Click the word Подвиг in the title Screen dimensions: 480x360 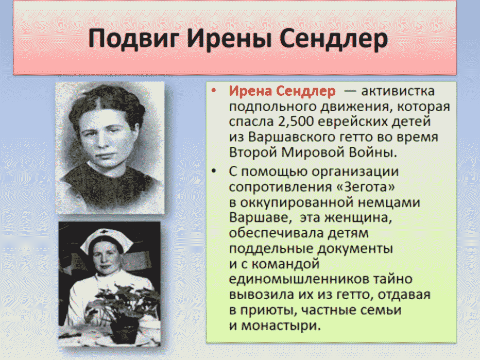(x=134, y=39)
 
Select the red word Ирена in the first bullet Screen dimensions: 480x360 (x=250, y=91)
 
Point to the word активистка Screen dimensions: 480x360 (x=398, y=91)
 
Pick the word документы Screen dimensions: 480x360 (x=355, y=249)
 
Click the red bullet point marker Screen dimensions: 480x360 (x=214, y=91)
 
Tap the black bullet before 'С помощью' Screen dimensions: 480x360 (x=214, y=171)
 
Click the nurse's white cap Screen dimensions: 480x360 (x=107, y=239)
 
